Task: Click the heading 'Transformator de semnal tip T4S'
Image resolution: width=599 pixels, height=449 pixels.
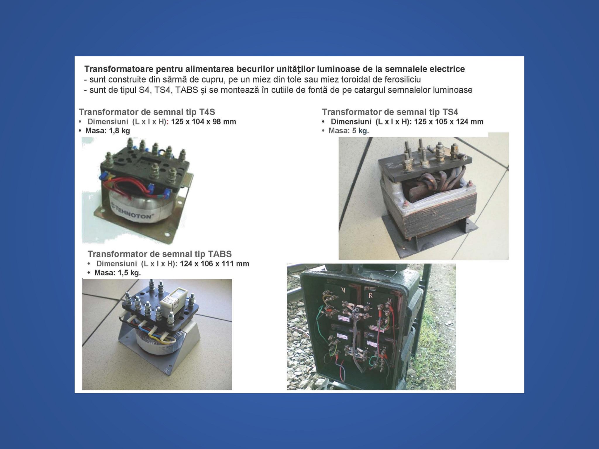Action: pos(147,112)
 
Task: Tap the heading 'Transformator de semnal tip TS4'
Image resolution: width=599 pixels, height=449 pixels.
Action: pos(390,112)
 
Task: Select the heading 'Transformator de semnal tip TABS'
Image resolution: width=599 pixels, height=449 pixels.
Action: pos(160,254)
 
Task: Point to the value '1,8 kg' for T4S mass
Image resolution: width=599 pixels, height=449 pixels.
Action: pos(119,131)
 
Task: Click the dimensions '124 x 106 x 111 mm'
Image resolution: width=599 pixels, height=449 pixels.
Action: pos(214,264)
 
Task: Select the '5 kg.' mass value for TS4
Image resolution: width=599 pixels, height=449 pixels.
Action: pos(360,131)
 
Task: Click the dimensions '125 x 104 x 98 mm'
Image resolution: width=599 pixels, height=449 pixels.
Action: pos(204,122)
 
